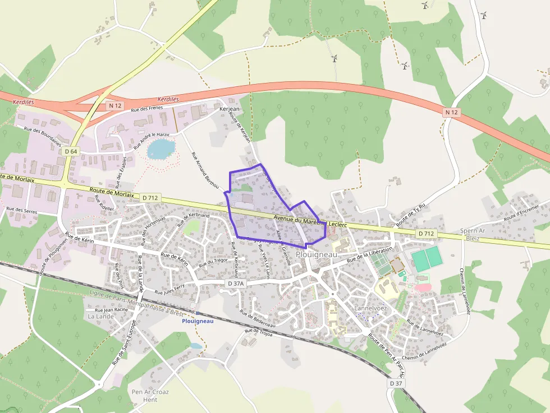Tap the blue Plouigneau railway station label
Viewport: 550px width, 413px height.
tap(198, 321)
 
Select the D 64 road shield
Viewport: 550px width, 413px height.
tap(71, 151)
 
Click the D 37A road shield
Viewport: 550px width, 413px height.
tap(237, 284)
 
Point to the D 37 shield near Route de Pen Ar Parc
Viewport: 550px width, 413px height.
tap(396, 383)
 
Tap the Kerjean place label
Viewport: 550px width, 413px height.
tap(229, 108)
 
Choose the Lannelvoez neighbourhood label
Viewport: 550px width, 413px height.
tap(371, 309)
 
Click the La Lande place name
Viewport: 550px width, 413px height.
tap(100, 316)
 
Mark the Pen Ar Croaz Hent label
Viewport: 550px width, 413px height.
tap(150, 396)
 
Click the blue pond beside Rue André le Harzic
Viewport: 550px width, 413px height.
tap(161, 149)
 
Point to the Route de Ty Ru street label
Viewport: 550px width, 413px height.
tap(411, 215)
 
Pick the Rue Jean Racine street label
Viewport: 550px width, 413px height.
tap(112, 309)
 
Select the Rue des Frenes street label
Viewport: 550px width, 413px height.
tap(146, 107)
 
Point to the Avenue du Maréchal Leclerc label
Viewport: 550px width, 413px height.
tap(310, 221)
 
